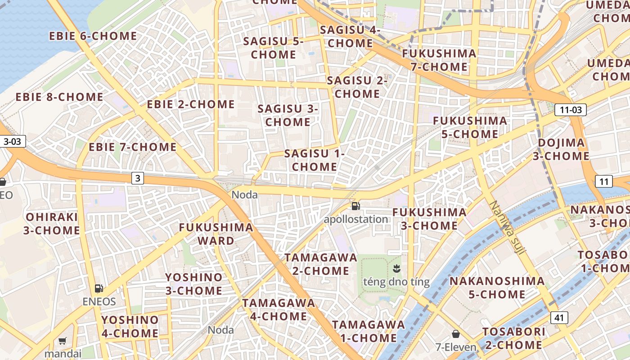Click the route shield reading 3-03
[x=12, y=141]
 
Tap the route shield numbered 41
[x=559, y=318]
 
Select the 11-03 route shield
[x=571, y=109]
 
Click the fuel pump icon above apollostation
[x=356, y=206]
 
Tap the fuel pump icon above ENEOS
[x=99, y=288]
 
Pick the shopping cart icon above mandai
[x=63, y=341]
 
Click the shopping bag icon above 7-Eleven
[x=456, y=334]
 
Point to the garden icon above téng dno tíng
[x=396, y=269]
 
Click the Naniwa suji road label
[x=507, y=228]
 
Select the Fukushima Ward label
[x=216, y=234]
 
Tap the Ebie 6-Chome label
[x=93, y=36]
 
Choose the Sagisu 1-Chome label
[x=315, y=160]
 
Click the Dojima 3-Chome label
[x=561, y=149]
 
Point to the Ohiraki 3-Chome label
[x=52, y=223]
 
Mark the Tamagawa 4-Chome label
[x=279, y=309]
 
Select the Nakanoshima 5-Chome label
[x=497, y=288]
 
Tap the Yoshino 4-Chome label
[x=130, y=327]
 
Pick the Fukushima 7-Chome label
[x=439, y=60]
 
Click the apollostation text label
[x=356, y=219]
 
